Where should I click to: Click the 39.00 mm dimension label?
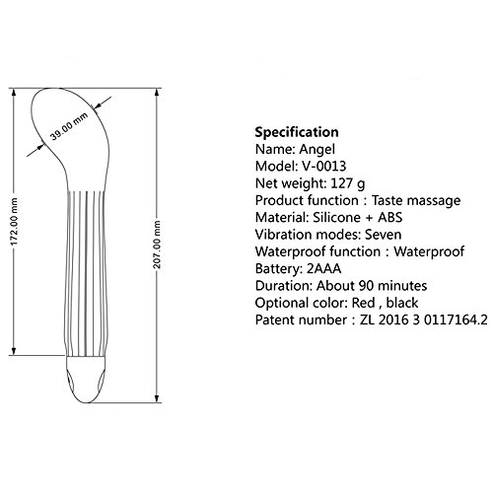[69, 126]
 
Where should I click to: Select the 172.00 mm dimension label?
[14, 222]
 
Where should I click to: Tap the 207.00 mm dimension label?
[157, 245]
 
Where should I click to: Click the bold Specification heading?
[297, 132]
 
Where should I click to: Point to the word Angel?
[317, 150]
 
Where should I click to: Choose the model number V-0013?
[324, 166]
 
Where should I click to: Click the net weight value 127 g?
[348, 183]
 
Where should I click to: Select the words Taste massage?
[416, 200]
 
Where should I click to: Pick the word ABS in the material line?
[390, 217]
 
